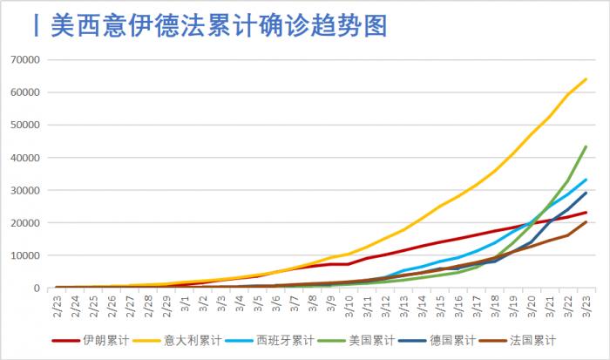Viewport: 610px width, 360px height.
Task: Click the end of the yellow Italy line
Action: [586, 79]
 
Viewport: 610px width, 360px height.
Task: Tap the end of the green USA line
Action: [586, 146]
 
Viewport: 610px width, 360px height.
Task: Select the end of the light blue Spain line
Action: [586, 180]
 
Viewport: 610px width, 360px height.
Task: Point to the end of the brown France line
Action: [586, 221]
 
